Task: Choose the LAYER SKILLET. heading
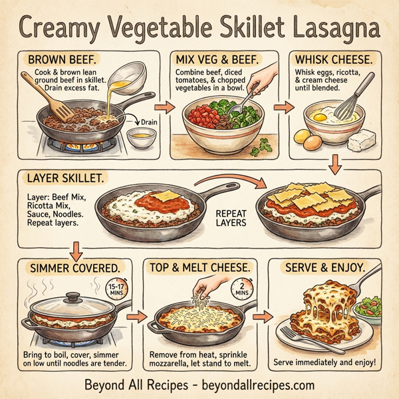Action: [67, 178]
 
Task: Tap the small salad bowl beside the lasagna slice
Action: [368, 310]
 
